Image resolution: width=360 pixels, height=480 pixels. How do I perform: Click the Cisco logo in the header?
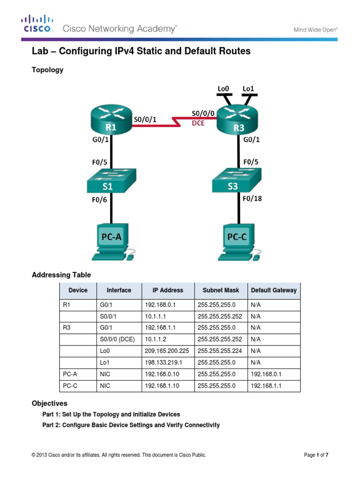[x=36, y=23]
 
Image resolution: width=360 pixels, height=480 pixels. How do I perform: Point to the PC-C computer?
[x=238, y=241]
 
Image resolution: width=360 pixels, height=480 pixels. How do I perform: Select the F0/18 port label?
[x=252, y=199]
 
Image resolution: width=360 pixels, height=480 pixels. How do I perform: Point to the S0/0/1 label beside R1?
[x=145, y=120]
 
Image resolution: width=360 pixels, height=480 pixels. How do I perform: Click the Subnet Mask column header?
[x=221, y=290]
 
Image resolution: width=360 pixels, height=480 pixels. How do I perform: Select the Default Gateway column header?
[x=274, y=290]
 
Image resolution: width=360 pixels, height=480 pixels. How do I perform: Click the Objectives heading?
[x=49, y=403]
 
